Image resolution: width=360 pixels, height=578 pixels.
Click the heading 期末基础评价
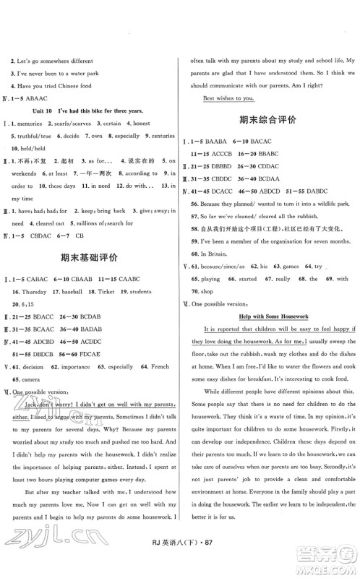(x=90, y=256)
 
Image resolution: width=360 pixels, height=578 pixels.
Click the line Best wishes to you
(x=230, y=97)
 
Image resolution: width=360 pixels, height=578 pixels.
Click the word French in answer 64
(x=160, y=366)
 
